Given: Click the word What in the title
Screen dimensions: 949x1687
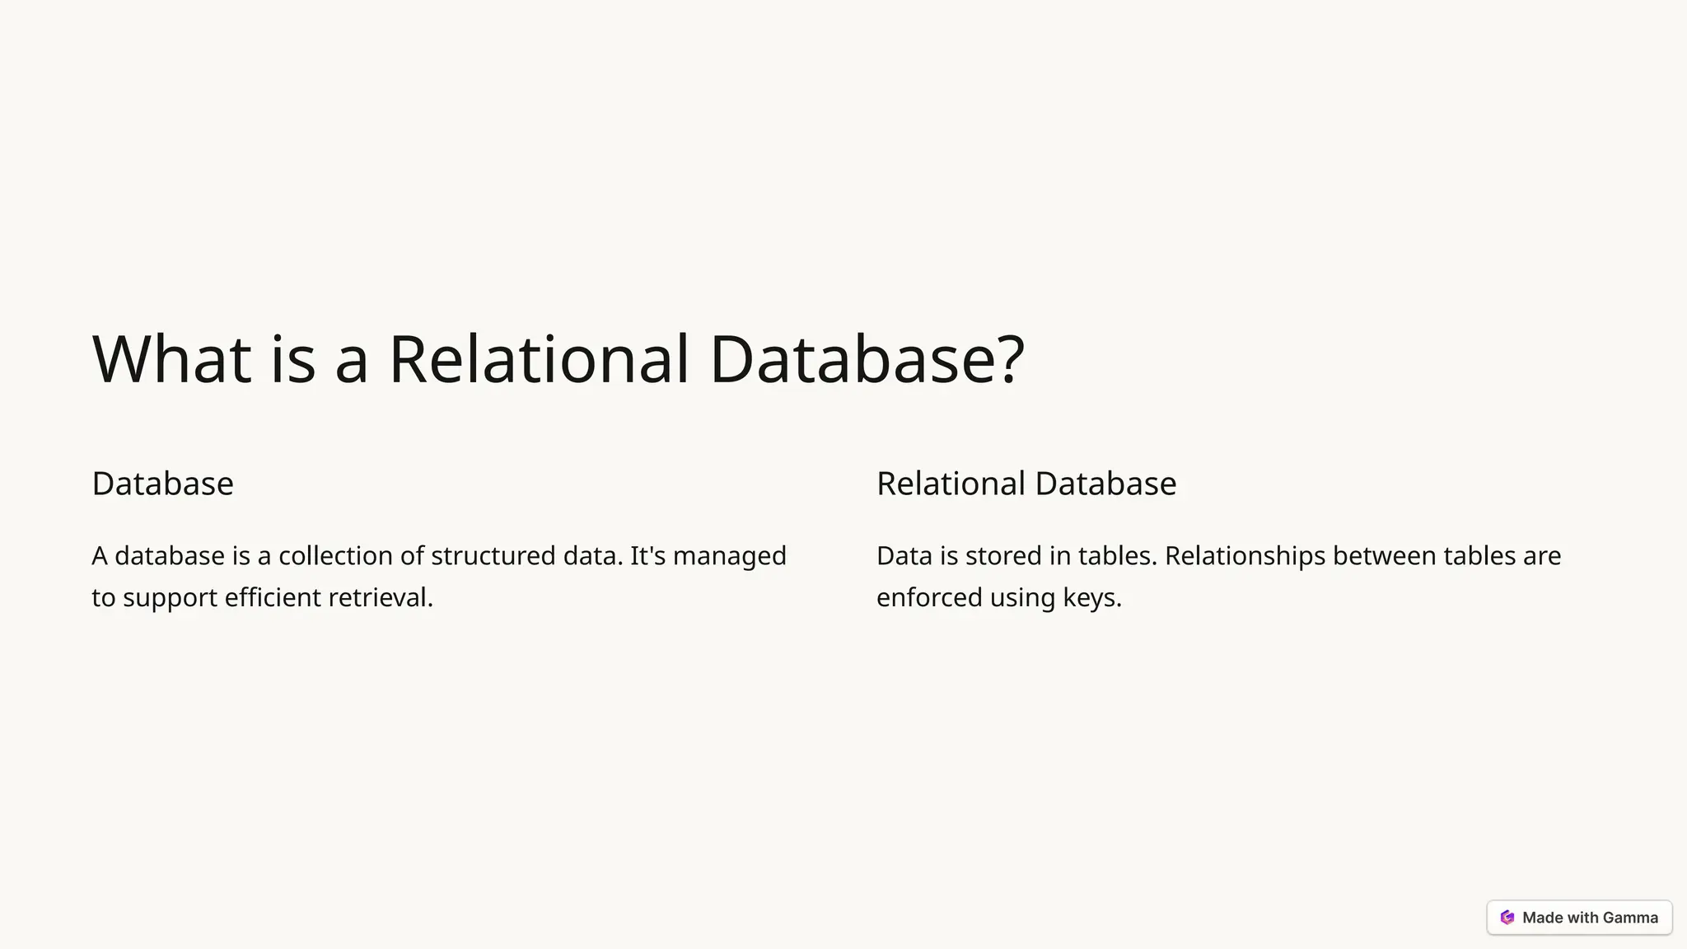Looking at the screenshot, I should [x=171, y=359].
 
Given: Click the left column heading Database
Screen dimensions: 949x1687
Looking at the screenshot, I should [x=162, y=484].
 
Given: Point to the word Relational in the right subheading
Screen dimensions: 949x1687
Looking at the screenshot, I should [x=951, y=484].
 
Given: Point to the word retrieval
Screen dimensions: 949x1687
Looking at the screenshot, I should [x=380, y=597].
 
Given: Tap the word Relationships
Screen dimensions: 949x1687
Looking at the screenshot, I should [x=1245, y=556].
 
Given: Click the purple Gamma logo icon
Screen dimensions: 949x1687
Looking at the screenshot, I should [x=1507, y=918].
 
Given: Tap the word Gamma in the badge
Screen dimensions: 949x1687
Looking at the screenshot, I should [x=1630, y=918].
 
